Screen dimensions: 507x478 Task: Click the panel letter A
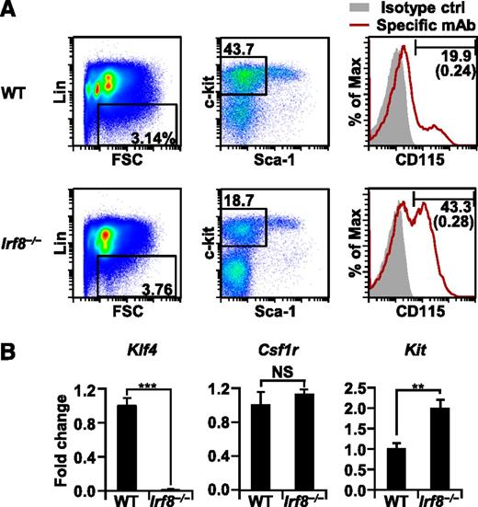pos(10,11)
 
